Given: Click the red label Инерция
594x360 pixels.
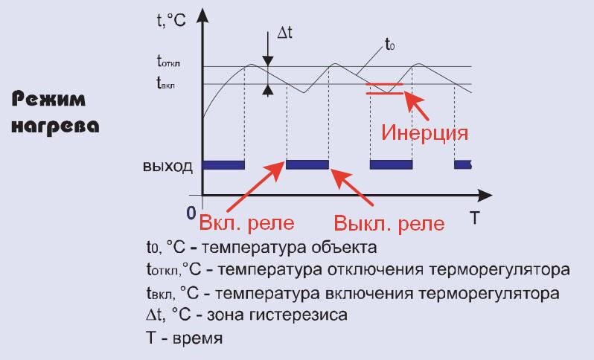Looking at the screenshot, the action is pos(424,133).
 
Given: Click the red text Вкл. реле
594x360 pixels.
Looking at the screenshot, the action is pos(246,223).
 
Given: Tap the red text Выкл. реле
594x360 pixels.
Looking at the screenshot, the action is pos(389,223).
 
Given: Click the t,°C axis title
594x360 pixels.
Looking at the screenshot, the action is pos(172,21).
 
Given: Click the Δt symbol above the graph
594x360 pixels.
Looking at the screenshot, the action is pos(287,33).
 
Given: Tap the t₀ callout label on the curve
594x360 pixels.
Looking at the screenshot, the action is pos(389,45).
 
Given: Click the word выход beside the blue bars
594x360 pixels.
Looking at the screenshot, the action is pos(167,165).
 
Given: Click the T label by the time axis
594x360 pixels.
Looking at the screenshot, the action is pos(474,217).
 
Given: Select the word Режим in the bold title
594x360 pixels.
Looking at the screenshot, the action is pos(48,100).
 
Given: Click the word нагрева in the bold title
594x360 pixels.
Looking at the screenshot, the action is pos(56,126).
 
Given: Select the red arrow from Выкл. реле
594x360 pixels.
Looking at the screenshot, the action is pos(354,189).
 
